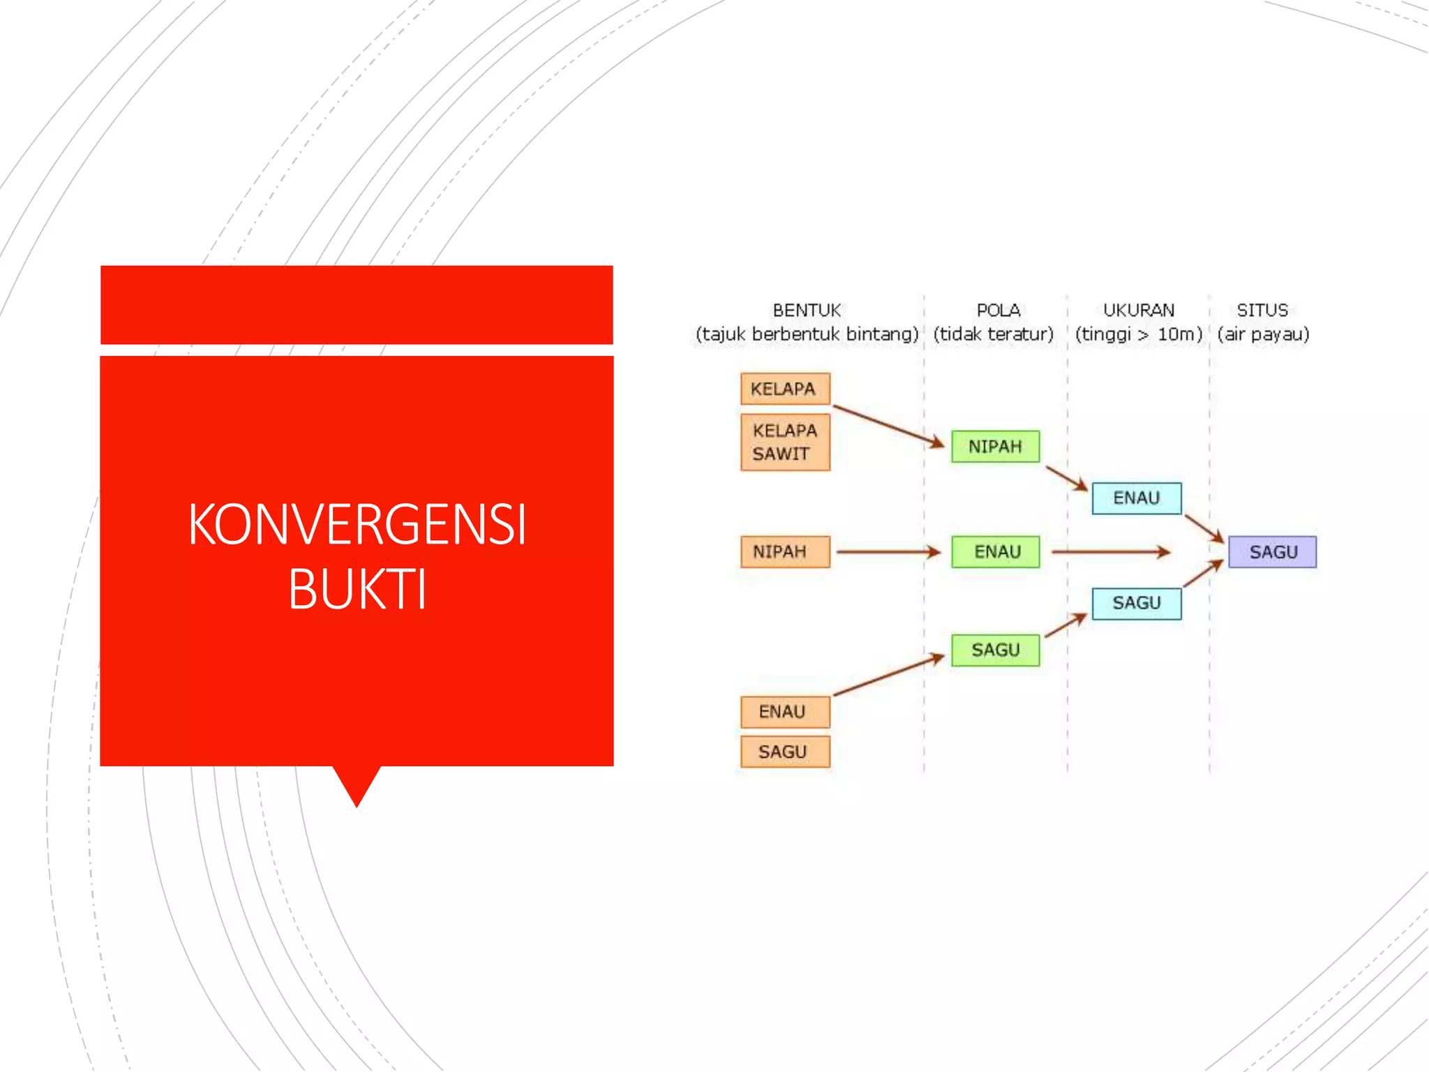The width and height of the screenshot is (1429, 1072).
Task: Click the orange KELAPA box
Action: [x=785, y=389]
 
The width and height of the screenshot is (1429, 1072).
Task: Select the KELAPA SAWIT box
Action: [x=785, y=442]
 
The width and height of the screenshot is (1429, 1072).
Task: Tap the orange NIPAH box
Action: [x=785, y=552]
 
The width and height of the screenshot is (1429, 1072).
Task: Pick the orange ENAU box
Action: [x=785, y=712]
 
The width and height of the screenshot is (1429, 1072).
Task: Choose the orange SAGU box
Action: [x=785, y=752]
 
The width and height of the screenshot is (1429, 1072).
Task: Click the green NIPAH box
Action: [x=995, y=447]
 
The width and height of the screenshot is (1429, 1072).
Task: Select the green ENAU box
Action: [x=995, y=552]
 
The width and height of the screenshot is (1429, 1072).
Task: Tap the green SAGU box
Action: [x=995, y=650]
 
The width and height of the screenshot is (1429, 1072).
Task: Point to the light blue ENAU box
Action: [x=1136, y=498]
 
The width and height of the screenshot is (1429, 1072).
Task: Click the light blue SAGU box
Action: [x=1136, y=603]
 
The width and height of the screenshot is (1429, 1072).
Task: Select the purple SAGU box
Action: [x=1272, y=552]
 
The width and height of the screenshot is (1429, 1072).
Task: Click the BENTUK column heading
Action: [x=807, y=311]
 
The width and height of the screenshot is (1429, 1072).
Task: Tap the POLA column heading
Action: [x=998, y=311]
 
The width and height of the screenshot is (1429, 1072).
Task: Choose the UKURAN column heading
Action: [x=1138, y=311]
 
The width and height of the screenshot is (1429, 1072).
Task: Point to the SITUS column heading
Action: [x=1262, y=311]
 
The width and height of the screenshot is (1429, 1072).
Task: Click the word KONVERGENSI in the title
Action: [x=357, y=525]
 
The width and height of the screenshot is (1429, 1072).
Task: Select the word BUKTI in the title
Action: [x=357, y=589]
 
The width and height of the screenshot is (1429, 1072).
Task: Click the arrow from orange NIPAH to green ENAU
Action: [x=888, y=552]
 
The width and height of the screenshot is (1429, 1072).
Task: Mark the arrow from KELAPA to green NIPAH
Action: [x=888, y=425]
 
